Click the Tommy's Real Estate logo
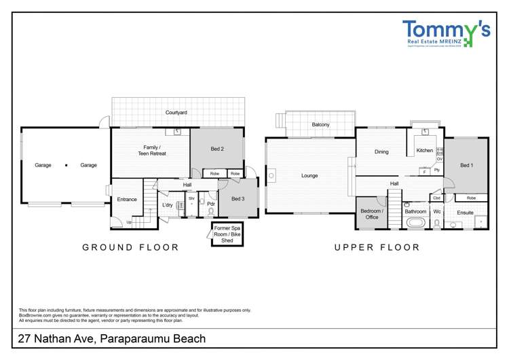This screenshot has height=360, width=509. (446, 33)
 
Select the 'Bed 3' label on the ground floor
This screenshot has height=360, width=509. (238, 199)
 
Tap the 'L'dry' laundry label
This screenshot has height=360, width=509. (167, 205)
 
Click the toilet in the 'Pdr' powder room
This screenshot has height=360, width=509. (211, 211)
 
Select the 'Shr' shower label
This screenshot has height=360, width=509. (192, 199)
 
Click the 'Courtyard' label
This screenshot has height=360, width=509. (176, 112)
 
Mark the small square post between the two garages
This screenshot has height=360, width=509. (67, 165)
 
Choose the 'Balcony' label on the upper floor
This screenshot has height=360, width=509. (321, 125)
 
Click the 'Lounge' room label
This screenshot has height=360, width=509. (309, 176)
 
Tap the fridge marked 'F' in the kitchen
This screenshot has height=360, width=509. (424, 172)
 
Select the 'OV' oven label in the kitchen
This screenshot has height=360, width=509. (440, 159)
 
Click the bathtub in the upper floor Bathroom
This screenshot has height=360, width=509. (415, 223)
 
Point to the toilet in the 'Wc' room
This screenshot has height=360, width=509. (437, 223)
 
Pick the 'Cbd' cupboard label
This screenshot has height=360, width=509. (436, 198)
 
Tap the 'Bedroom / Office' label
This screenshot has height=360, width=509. (372, 214)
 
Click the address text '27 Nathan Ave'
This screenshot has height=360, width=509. (58, 338)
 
